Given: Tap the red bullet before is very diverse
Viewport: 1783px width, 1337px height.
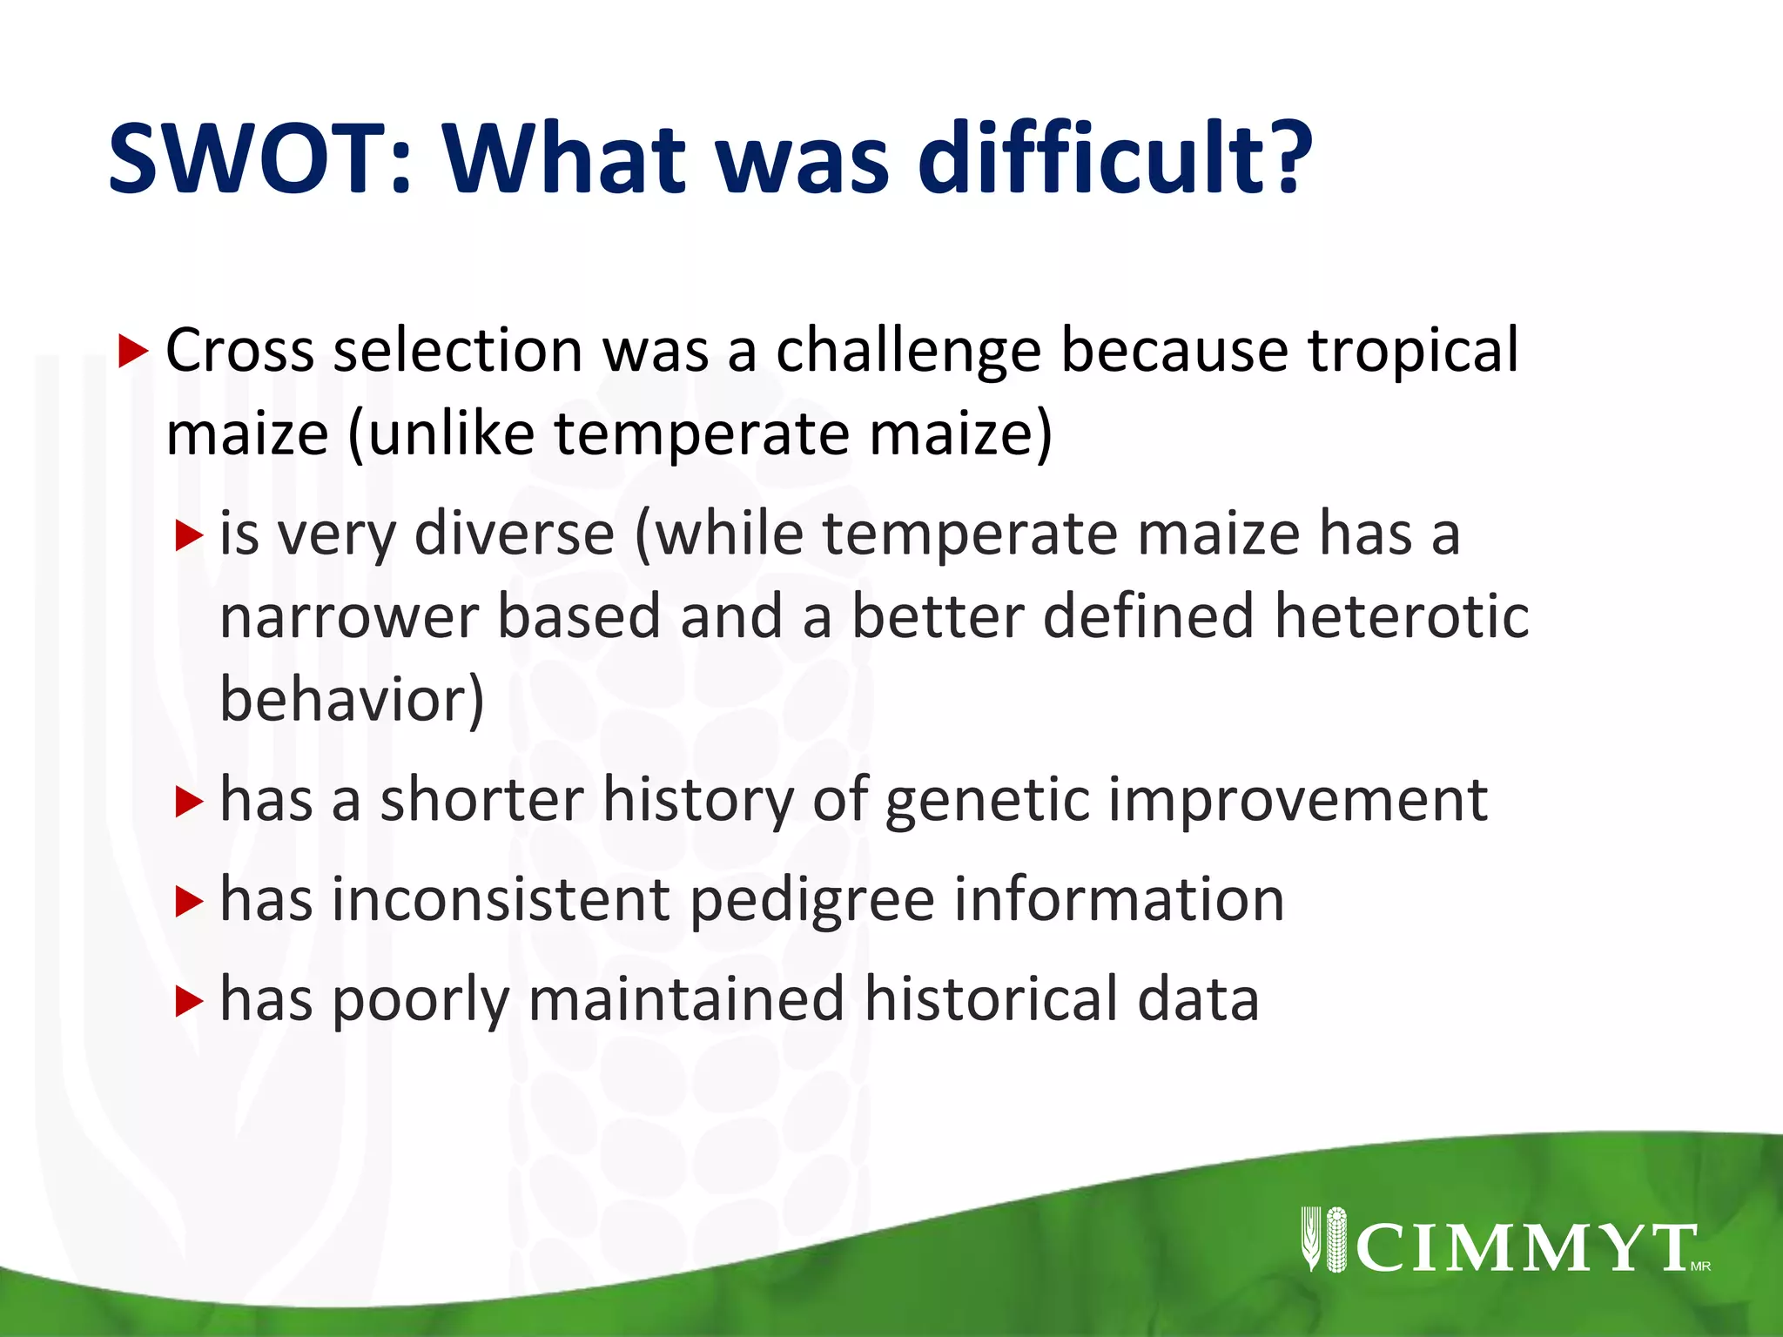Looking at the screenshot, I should (x=188, y=535).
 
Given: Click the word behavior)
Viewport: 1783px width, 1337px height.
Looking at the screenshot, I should (x=352, y=699).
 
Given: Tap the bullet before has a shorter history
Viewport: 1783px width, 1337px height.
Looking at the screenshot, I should (x=188, y=802).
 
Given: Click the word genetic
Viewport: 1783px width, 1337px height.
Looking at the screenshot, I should (x=986, y=801).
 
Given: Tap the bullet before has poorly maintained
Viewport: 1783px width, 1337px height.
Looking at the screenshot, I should (x=188, y=1001).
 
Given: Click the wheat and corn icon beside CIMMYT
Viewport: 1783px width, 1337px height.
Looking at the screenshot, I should (x=1323, y=1240).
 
